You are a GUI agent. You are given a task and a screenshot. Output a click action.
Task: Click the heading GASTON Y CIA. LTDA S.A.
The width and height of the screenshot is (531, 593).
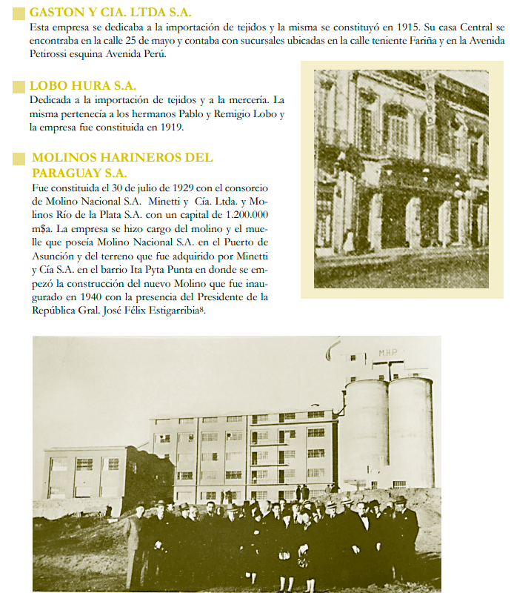pos(110,13)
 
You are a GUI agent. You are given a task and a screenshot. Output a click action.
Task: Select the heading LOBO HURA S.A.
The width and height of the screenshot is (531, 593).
pos(82,86)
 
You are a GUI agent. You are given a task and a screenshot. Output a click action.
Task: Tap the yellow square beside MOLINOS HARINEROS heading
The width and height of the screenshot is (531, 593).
pos(20,158)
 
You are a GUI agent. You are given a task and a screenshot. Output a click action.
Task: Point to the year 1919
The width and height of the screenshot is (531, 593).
pos(170,127)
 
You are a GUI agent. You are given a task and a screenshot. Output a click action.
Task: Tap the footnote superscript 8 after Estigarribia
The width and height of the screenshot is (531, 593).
pos(201,309)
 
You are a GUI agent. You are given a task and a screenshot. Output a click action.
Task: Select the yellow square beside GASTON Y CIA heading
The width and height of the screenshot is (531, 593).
pos(20,13)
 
